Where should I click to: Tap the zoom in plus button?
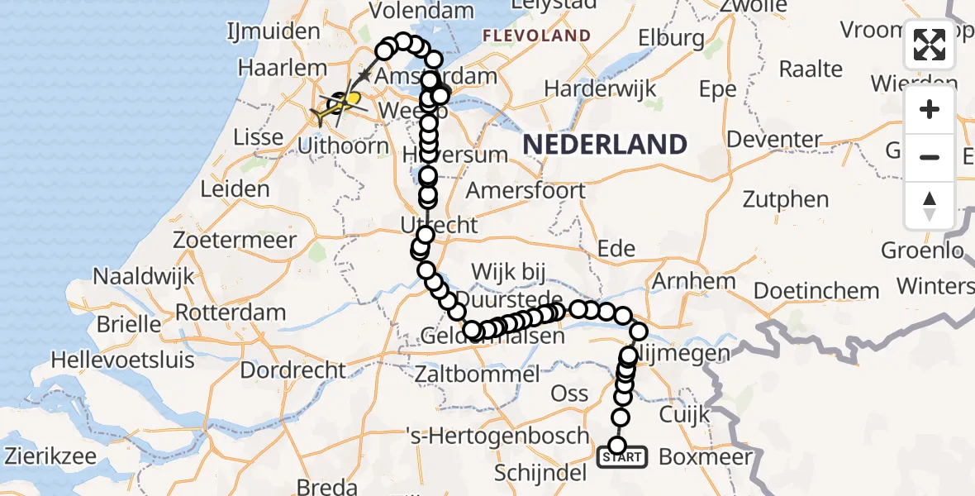930,109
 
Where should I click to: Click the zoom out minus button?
930,157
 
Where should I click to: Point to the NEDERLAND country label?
605,145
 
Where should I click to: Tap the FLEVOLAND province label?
536,36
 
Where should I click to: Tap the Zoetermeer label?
235,241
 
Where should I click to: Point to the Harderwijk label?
600,88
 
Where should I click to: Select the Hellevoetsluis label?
123,360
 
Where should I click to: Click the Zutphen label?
786,199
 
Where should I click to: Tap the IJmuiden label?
273,31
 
